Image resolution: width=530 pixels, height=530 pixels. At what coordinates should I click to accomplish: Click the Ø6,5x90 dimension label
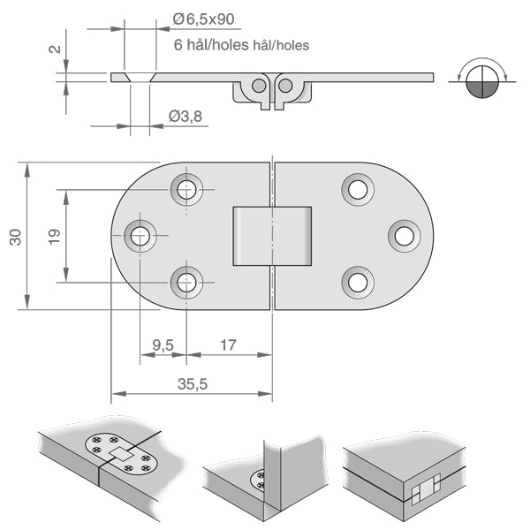(205, 19)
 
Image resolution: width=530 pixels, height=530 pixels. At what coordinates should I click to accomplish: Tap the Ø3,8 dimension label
(186, 116)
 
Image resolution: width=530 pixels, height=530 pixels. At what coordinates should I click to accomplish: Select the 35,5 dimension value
(193, 384)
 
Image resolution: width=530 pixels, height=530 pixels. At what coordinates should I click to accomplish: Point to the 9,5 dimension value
(163, 345)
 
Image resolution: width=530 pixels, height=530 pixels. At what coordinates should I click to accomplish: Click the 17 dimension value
(227, 345)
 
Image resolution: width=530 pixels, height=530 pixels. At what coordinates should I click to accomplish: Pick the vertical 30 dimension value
(15, 236)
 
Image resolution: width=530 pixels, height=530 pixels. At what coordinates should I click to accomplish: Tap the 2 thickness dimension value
(56, 49)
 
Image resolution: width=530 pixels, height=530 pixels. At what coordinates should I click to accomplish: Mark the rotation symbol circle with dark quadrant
(480, 80)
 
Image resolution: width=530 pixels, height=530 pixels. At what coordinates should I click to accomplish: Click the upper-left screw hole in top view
(186, 188)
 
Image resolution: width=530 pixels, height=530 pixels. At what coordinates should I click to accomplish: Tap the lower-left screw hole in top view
(186, 283)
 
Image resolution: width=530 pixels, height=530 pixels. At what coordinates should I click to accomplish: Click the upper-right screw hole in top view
(357, 188)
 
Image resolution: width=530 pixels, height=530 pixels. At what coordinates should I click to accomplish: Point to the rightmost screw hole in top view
(404, 236)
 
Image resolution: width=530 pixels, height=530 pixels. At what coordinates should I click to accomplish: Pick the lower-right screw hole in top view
(357, 283)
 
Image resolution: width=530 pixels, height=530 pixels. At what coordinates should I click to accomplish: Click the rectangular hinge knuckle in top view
(272, 236)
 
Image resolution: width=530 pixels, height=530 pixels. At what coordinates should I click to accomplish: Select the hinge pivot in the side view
(272, 87)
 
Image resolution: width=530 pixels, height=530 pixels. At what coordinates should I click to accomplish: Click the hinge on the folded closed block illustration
(426, 486)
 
